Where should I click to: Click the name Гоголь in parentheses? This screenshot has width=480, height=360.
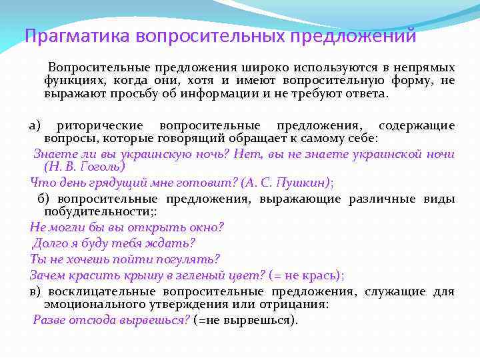click(x=101, y=167)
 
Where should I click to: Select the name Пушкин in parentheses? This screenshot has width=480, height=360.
click(x=298, y=183)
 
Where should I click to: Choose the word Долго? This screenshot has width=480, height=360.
click(x=50, y=243)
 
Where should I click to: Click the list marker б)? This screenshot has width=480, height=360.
click(x=44, y=199)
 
